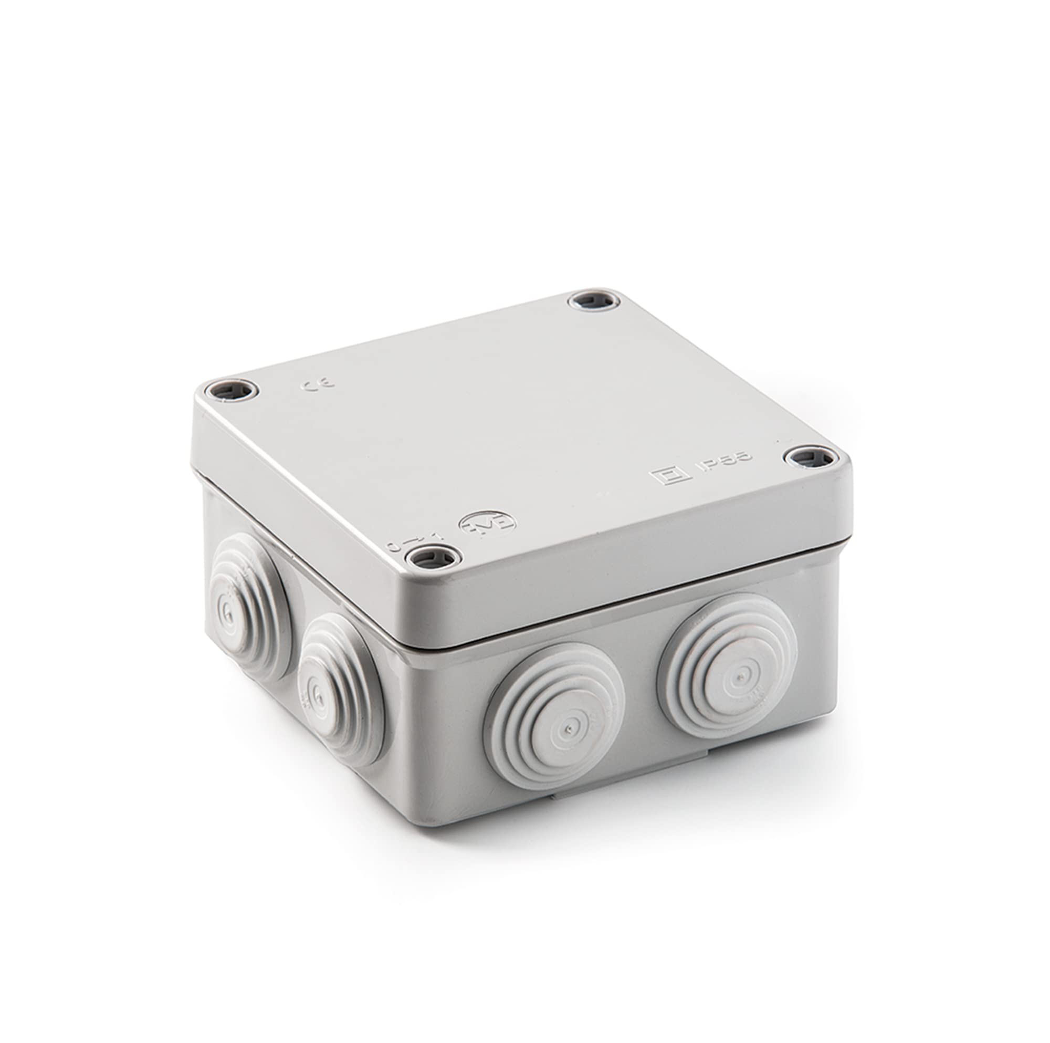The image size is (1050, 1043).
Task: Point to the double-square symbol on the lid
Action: pos(670,476)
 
